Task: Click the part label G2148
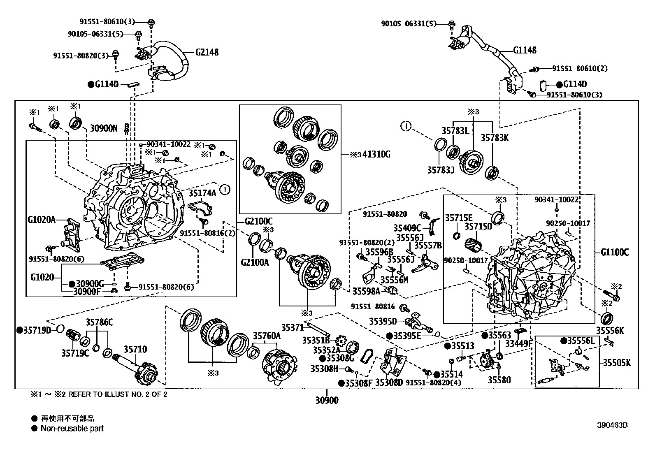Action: tap(207, 52)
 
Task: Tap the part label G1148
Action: tap(525, 50)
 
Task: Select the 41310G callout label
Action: tap(376, 154)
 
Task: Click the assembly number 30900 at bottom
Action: tap(327, 400)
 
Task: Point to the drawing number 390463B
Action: tap(612, 425)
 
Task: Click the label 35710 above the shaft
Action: tap(135, 349)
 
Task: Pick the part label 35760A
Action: tap(266, 336)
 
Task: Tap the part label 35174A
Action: tap(202, 193)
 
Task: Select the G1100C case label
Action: tap(615, 252)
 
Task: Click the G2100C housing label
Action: tap(258, 221)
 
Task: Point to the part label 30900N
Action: tap(104, 128)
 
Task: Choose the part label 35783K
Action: tap(495, 138)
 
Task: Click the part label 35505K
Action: tap(617, 363)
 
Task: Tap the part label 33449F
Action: tap(519, 343)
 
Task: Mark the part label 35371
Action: tap(293, 327)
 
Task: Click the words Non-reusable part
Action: tap(72, 429)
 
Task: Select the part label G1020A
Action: tap(42, 220)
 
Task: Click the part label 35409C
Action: tap(407, 228)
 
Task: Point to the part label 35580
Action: tap(499, 380)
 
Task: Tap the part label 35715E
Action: tap(459, 218)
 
